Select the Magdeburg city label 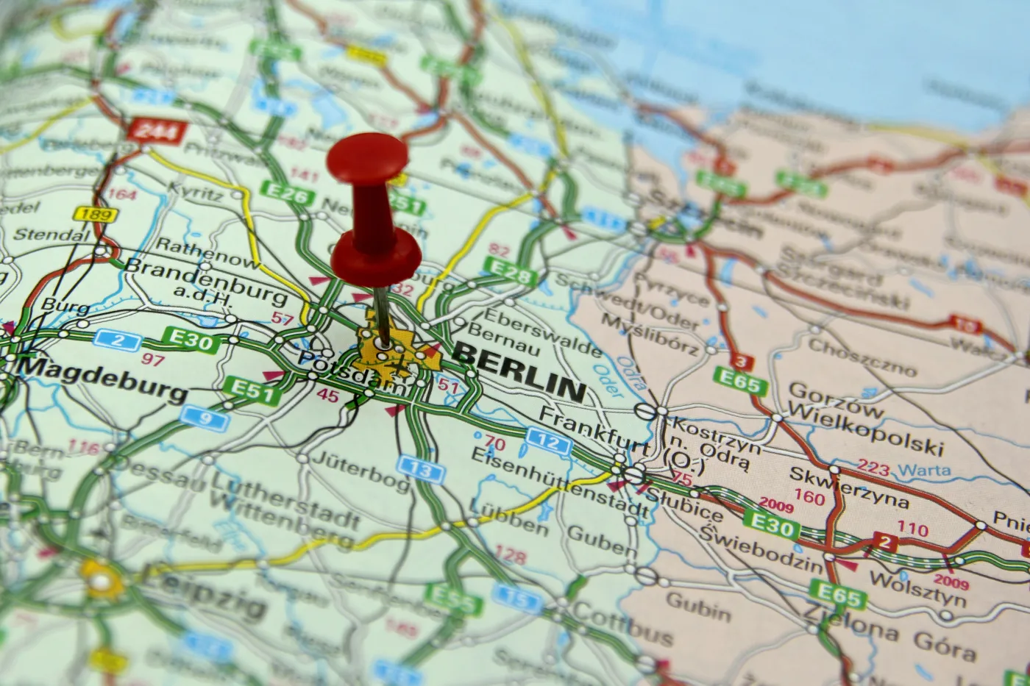tap(103, 377)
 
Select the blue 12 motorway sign tap(549, 443)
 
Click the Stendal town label tap(52, 236)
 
